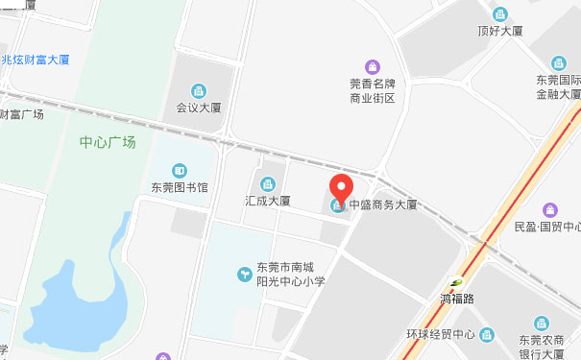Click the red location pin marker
341,190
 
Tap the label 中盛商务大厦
382,204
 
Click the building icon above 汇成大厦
267,183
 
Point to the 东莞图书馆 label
180,187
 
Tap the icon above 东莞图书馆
180,170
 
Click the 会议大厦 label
200,108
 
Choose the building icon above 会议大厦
200,91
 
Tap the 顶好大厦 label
500,31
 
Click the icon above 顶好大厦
500,13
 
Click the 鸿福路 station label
457,299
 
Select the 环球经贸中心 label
441,335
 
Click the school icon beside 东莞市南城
245,276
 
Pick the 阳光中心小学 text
293,282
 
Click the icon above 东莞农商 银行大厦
541,323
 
